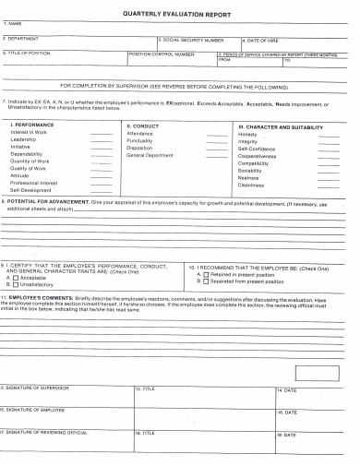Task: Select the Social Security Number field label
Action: click(193, 41)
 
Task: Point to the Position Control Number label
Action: click(162, 54)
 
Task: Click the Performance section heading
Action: click(36, 125)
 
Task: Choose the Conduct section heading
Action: click(144, 125)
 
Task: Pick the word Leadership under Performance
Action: click(25, 139)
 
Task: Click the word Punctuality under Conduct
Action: click(141, 140)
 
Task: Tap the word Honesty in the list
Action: click(247, 134)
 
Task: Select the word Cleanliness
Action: click(252, 185)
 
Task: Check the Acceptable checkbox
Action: click(16, 277)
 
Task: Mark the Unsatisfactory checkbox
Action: click(16, 284)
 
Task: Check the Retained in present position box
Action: click(207, 274)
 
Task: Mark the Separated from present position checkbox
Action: click(207, 281)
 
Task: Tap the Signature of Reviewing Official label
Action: click(44, 432)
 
